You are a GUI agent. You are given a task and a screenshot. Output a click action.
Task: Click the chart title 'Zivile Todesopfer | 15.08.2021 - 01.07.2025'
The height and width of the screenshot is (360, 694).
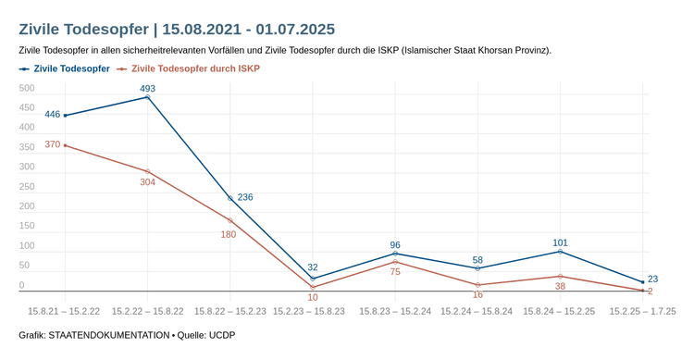[x=177, y=30]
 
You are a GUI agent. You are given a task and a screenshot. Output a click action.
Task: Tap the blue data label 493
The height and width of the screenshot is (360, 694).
[x=147, y=89]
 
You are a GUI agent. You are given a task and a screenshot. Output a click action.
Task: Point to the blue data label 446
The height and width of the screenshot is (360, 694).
[x=53, y=115]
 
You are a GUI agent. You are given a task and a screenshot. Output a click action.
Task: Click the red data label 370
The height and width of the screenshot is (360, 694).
[x=53, y=144]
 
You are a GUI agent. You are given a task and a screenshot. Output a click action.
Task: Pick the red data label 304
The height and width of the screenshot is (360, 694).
[x=147, y=182]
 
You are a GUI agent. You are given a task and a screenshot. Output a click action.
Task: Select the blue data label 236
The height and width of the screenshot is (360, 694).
[x=245, y=197]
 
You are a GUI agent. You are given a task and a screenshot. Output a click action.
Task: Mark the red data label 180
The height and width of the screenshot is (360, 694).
[x=229, y=235]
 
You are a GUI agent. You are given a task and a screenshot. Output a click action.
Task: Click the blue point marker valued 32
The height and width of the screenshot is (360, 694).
[x=313, y=279]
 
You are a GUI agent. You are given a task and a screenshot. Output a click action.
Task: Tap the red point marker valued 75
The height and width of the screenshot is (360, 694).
[x=395, y=262]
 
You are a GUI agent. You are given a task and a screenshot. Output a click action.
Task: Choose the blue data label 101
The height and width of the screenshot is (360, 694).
[x=560, y=242]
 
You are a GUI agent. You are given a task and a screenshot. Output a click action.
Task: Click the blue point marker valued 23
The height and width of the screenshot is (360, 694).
[x=642, y=282]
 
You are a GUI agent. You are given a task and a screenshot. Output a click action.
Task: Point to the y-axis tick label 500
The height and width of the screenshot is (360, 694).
[x=27, y=89]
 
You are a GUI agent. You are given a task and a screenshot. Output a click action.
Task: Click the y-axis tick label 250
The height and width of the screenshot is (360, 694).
[x=27, y=187]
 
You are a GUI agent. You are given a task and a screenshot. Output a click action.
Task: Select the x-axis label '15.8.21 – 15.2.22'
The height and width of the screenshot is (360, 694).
[x=65, y=312]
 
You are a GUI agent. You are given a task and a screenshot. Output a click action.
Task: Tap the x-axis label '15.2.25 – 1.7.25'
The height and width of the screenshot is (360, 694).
[x=642, y=312]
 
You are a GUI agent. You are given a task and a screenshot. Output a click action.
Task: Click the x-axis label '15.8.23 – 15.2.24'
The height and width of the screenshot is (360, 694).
[x=395, y=312]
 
